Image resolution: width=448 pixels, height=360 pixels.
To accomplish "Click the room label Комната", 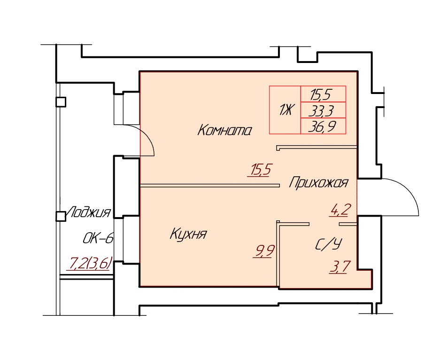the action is coord(224,130).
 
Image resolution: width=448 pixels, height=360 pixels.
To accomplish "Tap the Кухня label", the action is coord(188,234).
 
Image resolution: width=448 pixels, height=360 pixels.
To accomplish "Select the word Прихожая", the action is coord(318,182).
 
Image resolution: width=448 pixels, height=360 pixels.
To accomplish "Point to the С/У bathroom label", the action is coord(329,244).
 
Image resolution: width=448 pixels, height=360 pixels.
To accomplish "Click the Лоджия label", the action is coord(88,212).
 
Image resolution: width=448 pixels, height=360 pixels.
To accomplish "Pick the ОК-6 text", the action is coord(98,238).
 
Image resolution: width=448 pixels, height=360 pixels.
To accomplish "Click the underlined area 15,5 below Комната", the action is coord(260,170).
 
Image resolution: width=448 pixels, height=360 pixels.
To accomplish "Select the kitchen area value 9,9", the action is coord(264,251).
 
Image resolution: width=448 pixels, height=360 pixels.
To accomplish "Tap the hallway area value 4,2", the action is coord(340,210).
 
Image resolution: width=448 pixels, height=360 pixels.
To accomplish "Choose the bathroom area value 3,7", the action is coord(340,267).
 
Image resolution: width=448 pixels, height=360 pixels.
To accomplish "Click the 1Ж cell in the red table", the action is coord(285,110).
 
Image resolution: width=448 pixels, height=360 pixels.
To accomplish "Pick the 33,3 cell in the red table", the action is coord(323,110).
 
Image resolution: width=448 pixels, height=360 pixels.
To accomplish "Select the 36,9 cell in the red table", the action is coord(323,126).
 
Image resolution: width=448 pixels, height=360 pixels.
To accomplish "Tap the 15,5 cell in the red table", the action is coord(323,94).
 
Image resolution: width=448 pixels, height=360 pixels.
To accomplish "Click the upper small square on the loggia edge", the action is coord(61,102).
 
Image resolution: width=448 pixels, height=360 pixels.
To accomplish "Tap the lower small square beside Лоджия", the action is coord(61,217).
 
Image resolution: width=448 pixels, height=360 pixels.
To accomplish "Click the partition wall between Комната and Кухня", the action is coord(210,186).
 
